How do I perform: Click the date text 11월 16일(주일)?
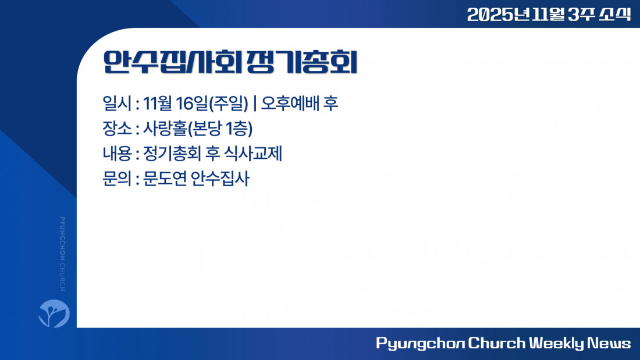click(x=195, y=104)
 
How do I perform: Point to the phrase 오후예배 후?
click(x=300, y=104)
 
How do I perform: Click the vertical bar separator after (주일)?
click(x=255, y=104)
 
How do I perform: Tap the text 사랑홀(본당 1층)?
click(x=198, y=129)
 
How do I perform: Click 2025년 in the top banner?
click(x=499, y=15)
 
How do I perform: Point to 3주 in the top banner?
click(x=581, y=15)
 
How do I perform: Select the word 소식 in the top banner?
click(x=615, y=15)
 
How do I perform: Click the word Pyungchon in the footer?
click(x=421, y=343)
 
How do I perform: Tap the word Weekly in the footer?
click(x=557, y=343)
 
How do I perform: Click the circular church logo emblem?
click(x=54, y=313)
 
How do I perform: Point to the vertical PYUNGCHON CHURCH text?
click(x=62, y=254)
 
